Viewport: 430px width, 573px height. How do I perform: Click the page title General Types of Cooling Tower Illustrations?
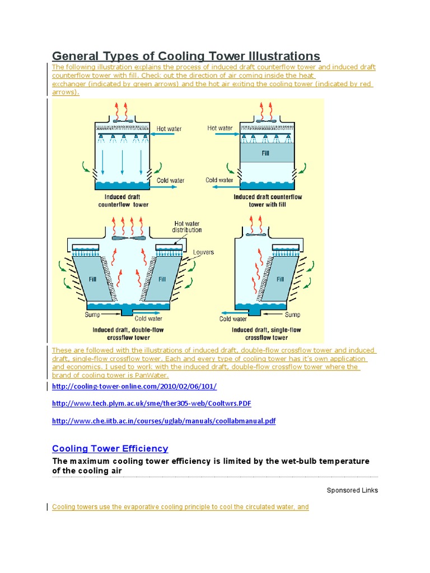click(x=186, y=56)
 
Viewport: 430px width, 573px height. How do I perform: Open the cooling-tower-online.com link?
click(x=134, y=387)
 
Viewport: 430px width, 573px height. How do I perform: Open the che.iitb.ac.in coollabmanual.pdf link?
click(x=163, y=421)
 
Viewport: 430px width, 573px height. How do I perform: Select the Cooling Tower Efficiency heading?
click(x=110, y=449)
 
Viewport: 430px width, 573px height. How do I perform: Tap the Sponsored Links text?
click(x=352, y=490)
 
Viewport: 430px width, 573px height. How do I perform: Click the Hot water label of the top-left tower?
click(x=169, y=129)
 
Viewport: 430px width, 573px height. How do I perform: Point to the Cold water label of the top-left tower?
click(x=170, y=181)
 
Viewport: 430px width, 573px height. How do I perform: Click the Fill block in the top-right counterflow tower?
click(x=266, y=152)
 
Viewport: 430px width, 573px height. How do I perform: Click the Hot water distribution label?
click(x=188, y=226)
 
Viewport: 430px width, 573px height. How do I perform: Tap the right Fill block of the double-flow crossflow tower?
click(x=162, y=279)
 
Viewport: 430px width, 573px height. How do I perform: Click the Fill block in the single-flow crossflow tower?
click(x=280, y=279)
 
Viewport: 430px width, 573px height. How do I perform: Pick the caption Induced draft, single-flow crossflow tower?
click(x=267, y=334)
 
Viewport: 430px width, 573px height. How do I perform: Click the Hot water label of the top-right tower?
click(x=219, y=128)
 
